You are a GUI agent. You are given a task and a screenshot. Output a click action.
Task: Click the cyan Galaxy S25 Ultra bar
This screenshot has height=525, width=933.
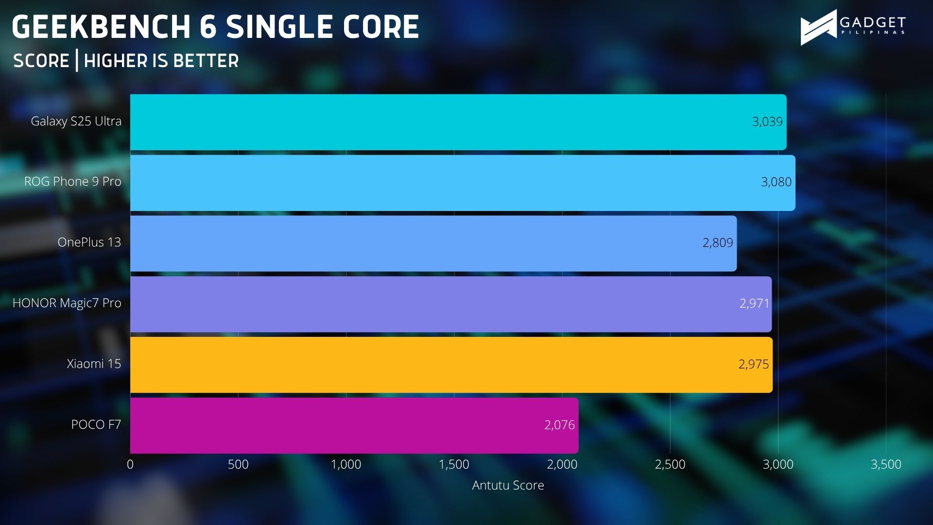458,122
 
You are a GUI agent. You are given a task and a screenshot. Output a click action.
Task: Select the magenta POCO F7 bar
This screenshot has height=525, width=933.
354,425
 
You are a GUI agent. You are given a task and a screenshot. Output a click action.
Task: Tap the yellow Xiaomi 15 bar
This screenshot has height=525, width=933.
451,365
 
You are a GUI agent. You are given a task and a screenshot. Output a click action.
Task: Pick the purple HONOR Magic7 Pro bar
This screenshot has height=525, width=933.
451,304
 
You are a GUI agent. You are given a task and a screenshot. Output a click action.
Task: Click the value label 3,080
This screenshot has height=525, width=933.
776,182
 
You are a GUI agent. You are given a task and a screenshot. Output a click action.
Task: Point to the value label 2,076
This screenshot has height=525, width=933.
559,425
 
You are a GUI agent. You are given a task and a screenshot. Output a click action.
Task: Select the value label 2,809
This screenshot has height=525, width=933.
718,243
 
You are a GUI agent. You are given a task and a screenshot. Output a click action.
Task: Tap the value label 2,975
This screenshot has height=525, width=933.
754,364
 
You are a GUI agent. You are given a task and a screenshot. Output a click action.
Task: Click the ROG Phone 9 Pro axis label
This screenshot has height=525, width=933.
73,181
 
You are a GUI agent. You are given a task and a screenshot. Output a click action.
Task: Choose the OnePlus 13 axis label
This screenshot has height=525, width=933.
89,242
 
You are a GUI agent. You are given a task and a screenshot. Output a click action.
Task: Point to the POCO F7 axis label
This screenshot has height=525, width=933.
96,424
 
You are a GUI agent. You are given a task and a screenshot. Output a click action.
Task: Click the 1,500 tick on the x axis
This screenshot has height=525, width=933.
454,464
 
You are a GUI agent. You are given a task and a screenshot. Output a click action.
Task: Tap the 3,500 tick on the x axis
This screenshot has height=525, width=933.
886,464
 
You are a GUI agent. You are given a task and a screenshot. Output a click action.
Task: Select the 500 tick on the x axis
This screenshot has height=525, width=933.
238,464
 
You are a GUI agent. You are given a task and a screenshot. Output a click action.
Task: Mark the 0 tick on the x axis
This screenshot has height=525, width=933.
130,464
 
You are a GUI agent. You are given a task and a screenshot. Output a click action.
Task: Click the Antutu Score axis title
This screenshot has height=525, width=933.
508,485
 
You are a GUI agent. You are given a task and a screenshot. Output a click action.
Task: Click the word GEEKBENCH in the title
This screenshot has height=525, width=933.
101,27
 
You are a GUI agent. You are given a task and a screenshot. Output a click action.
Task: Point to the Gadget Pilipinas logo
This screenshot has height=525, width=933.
853,27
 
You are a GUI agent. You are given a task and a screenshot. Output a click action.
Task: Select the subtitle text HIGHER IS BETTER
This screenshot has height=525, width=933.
161,61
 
